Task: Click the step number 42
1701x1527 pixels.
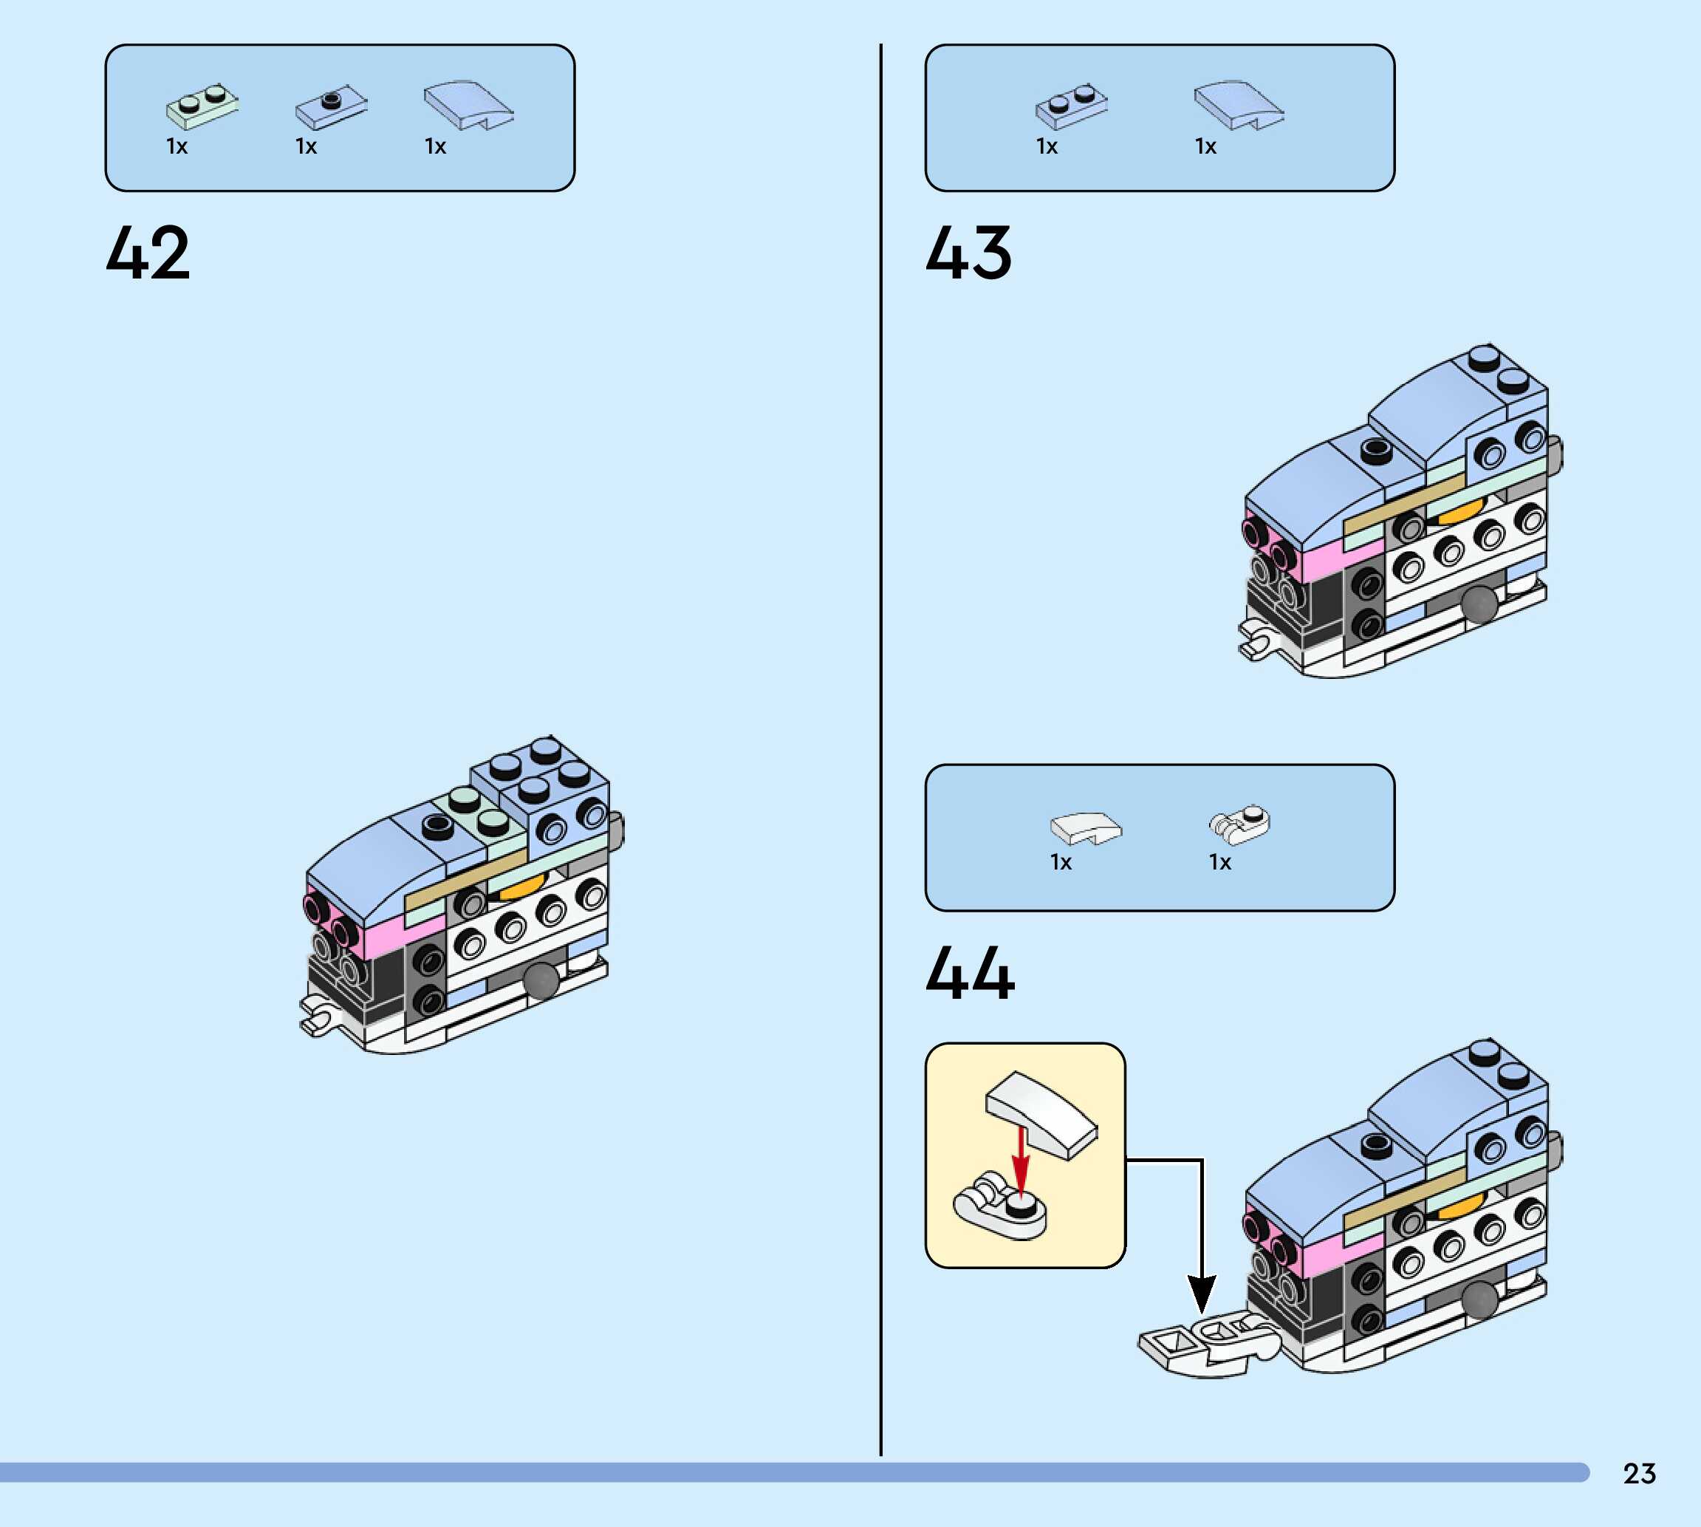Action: point(148,253)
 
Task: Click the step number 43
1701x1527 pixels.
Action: point(969,253)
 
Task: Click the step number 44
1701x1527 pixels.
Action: point(971,973)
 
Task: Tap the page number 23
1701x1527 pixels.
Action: point(1639,1473)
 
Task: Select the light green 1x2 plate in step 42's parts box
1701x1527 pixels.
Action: point(202,107)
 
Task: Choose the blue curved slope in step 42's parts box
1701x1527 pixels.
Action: point(468,106)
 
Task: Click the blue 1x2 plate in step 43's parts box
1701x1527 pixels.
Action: point(1071,107)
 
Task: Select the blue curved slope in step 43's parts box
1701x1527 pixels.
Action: point(1237,106)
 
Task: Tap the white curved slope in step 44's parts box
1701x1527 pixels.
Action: point(1085,828)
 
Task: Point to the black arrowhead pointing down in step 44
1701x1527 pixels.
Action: point(1201,1293)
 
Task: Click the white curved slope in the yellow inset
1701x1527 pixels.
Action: point(1041,1113)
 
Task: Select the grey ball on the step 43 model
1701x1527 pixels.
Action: point(1478,602)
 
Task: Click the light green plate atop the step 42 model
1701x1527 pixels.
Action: point(476,810)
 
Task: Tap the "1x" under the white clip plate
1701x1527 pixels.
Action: point(1219,863)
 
